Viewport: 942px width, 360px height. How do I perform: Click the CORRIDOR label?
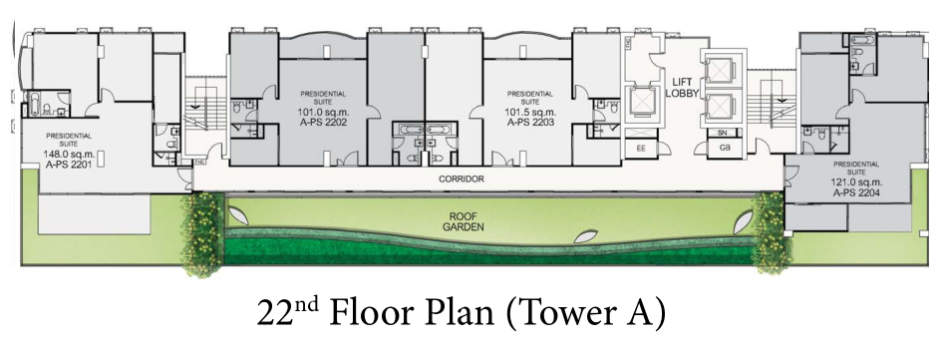[462, 180]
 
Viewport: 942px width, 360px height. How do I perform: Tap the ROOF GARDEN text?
[464, 221]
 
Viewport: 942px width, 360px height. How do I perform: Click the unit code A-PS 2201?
[68, 163]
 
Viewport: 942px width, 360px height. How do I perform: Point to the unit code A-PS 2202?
[323, 122]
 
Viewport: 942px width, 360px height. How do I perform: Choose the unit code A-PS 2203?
[530, 122]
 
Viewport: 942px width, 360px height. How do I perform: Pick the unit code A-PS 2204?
[857, 192]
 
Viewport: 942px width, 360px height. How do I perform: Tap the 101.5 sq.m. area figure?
[530, 113]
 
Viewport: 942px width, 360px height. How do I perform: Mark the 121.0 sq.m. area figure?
[857, 182]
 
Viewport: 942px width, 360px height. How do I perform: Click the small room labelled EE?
[641, 148]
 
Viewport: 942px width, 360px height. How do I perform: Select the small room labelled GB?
[725, 148]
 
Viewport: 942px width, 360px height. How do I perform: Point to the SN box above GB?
[723, 133]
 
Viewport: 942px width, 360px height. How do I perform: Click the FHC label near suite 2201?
[197, 162]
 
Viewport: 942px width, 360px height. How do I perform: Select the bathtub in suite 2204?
[863, 41]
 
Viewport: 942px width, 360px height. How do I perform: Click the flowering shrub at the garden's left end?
[203, 233]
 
